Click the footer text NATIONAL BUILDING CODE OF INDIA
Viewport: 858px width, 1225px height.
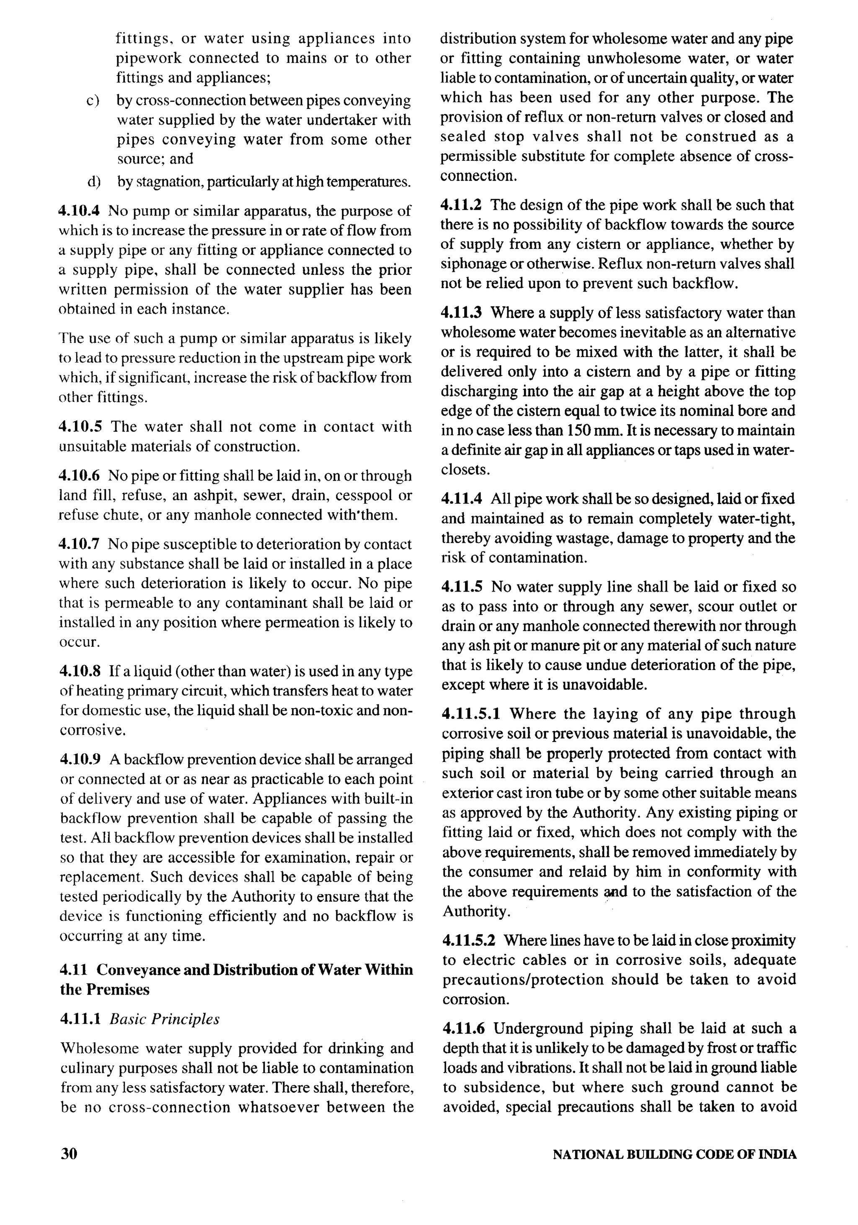click(675, 1154)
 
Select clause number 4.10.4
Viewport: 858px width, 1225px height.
click(80, 211)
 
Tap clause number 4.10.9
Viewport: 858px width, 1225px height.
click(80, 759)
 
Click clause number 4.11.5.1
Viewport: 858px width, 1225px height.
click(472, 714)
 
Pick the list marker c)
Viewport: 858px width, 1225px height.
click(94, 101)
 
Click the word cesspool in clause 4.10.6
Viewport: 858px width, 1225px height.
click(364, 495)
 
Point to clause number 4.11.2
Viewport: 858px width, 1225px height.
click(463, 205)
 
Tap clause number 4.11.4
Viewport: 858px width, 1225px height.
click(463, 499)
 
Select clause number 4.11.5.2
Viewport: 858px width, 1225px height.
click(472, 940)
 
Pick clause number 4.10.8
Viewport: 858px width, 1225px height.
click(80, 671)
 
